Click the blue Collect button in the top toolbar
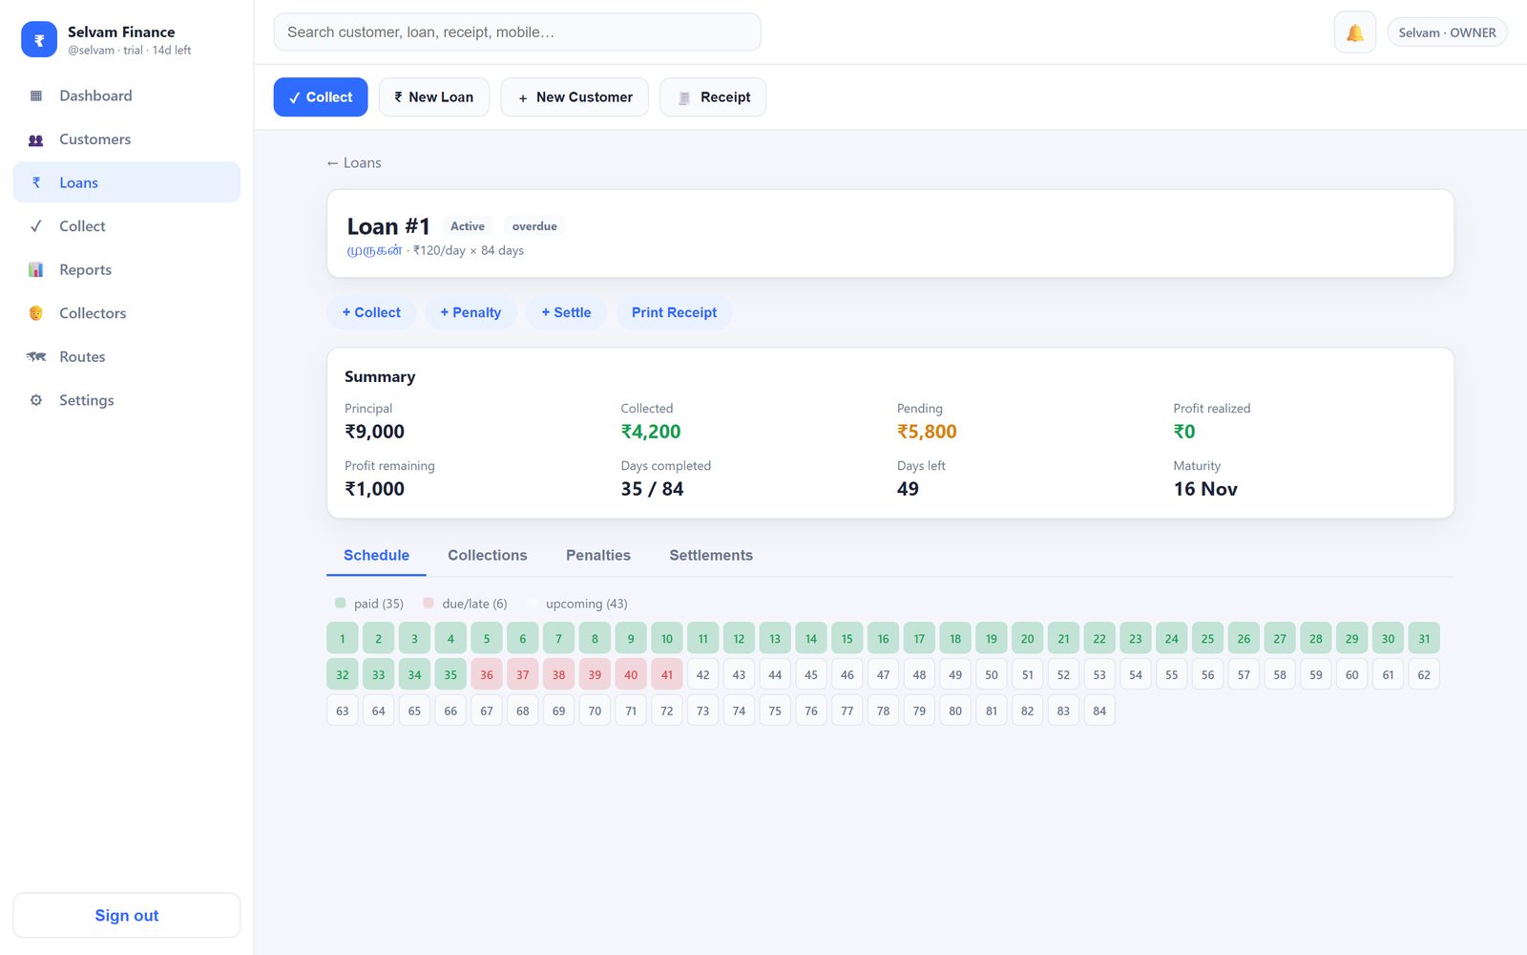(321, 96)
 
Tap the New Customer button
(575, 96)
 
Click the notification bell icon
(1354, 32)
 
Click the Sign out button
(127, 916)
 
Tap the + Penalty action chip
(471, 312)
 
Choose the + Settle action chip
(566, 312)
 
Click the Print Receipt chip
(674, 312)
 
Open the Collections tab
(488, 555)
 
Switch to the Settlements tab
(711, 555)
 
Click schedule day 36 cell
(487, 674)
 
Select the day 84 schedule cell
(1099, 711)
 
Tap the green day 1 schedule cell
(343, 639)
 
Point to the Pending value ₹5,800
(927, 431)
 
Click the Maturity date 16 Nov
(1205, 488)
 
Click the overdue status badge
(534, 225)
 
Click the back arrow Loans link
(354, 162)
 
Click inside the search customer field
(517, 32)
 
